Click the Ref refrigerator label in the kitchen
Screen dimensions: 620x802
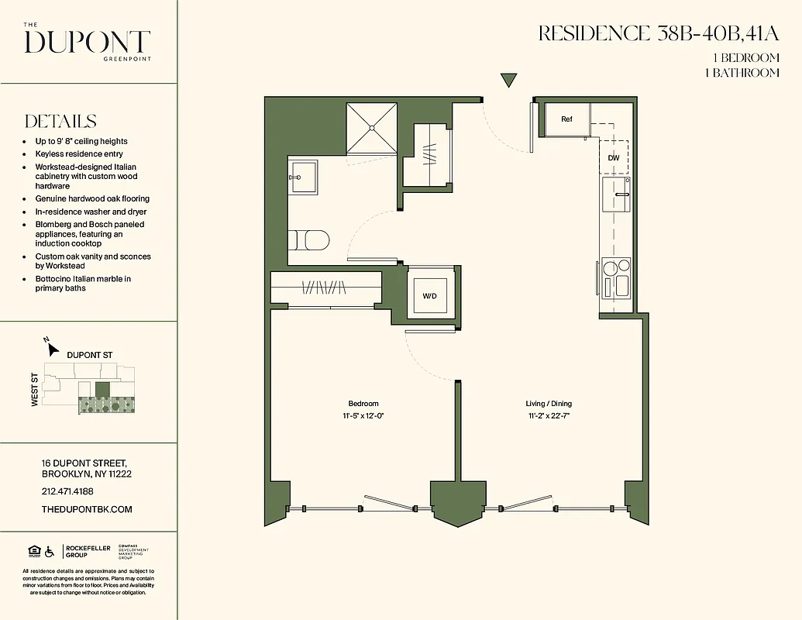pyautogui.click(x=566, y=119)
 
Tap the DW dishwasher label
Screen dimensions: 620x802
pyautogui.click(x=614, y=157)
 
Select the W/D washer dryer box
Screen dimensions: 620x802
pyautogui.click(x=429, y=296)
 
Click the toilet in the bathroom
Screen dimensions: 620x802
pyautogui.click(x=310, y=240)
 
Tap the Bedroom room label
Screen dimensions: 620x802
pyautogui.click(x=363, y=404)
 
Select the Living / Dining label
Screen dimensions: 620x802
pyautogui.click(x=549, y=404)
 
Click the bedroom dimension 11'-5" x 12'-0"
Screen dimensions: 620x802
pyautogui.click(x=363, y=415)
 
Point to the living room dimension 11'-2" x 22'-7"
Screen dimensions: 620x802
pyautogui.click(x=549, y=415)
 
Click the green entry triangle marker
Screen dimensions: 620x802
pyautogui.click(x=508, y=80)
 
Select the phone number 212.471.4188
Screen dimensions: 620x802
pyautogui.click(x=67, y=491)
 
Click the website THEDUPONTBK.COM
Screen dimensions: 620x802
pyautogui.click(x=86, y=509)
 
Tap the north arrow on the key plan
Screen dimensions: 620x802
pyautogui.click(x=52, y=347)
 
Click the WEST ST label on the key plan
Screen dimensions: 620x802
pyautogui.click(x=35, y=390)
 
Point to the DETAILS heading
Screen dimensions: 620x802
pyautogui.click(x=60, y=122)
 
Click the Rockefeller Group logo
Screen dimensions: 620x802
pyautogui.click(x=86, y=552)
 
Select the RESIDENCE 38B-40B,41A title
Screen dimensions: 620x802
pyautogui.click(x=658, y=33)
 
